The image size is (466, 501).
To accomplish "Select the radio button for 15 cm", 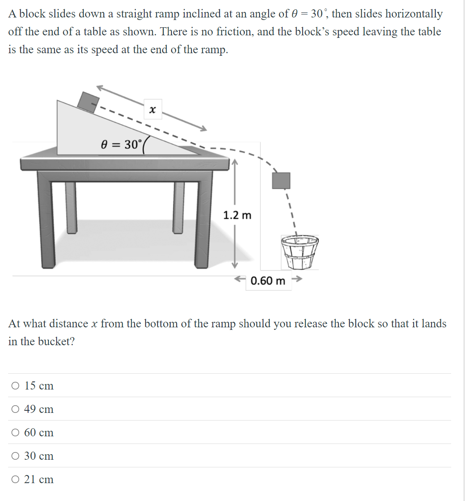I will click(x=15, y=386).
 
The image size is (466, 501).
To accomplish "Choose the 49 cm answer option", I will click(x=15, y=409).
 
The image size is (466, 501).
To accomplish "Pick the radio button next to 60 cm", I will click(x=15, y=432).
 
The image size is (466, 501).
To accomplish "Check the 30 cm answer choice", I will click(x=15, y=456).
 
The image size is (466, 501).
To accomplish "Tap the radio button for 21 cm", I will click(x=15, y=479).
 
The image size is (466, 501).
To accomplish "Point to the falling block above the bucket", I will click(x=281, y=180).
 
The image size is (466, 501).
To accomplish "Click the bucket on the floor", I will click(x=300, y=252).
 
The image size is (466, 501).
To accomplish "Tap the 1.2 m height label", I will click(x=237, y=215).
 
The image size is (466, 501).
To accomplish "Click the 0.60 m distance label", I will click(x=268, y=281).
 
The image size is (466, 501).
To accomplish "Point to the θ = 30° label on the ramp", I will click(x=120, y=145).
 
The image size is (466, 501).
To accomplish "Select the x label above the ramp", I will click(x=152, y=110).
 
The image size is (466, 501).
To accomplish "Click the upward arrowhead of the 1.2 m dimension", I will click(x=234, y=162).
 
